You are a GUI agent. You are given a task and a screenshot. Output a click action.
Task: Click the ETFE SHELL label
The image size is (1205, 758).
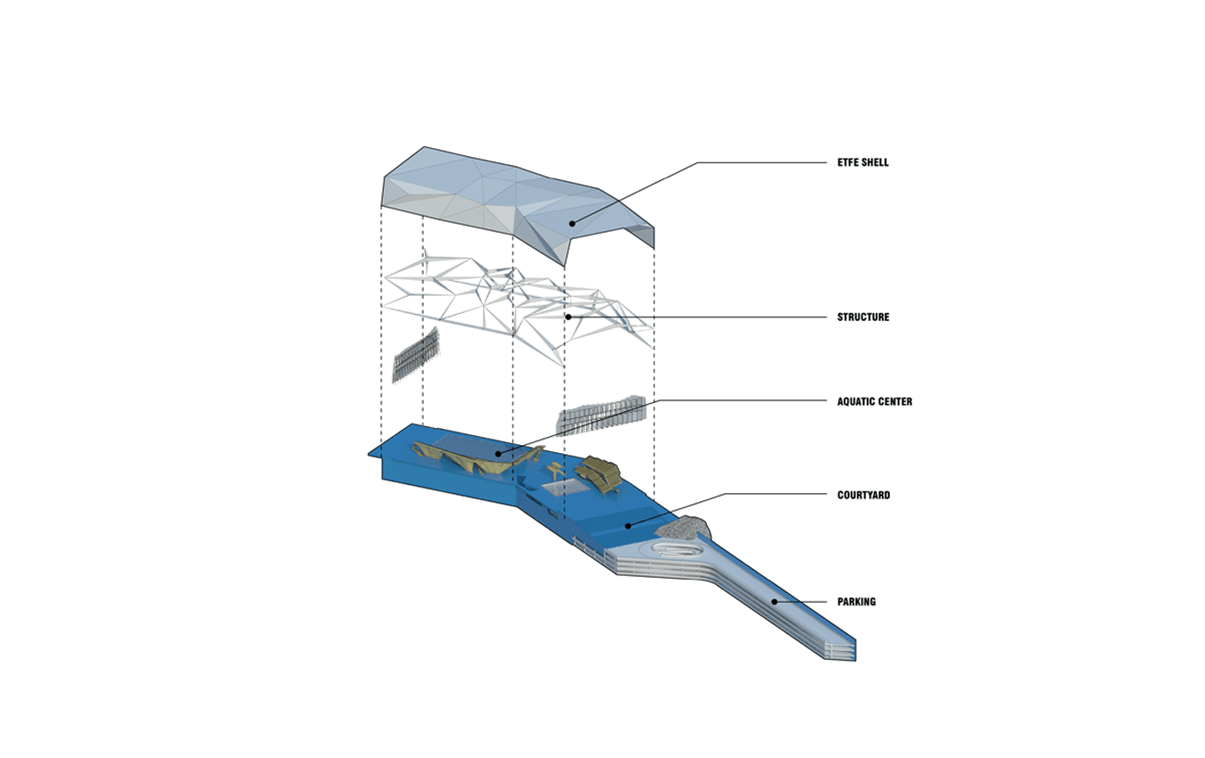[x=863, y=162]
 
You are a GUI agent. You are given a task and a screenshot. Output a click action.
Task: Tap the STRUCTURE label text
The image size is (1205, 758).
[x=863, y=317]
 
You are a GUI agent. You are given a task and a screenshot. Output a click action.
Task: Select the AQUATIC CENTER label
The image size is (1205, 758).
[x=875, y=401]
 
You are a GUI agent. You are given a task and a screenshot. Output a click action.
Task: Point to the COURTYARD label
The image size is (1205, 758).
[x=863, y=495]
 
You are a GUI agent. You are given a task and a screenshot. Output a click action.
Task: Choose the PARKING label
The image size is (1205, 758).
[x=856, y=602]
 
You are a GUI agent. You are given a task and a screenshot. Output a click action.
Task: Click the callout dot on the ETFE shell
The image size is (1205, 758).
[x=572, y=224]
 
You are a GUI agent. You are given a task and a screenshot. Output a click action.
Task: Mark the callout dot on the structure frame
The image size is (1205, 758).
[x=568, y=317]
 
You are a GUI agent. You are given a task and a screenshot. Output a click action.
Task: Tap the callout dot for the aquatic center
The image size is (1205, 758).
[x=499, y=454]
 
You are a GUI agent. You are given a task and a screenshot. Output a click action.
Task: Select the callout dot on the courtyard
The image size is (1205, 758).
[x=628, y=525]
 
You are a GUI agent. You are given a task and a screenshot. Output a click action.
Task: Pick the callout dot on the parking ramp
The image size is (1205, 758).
[x=775, y=602]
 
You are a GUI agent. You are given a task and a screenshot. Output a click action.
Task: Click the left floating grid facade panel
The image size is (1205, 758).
[x=415, y=355]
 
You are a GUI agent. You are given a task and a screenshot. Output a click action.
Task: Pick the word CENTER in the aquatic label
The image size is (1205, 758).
[x=894, y=401]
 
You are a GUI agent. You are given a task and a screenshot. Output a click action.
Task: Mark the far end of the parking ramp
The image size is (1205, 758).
[x=840, y=649]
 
